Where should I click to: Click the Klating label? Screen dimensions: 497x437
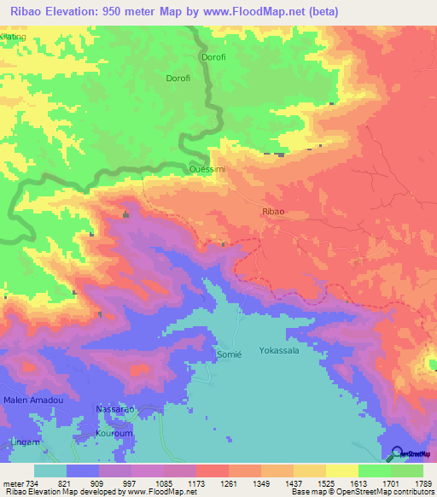coord(14,37)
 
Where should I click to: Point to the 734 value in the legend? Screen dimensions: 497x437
coord(32,483)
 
